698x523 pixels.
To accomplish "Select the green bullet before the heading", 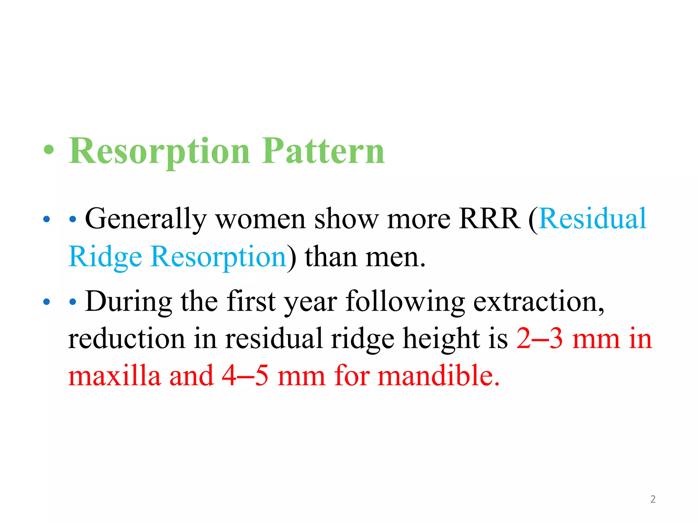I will click(x=49, y=150).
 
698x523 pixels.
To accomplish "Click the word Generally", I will click(x=146, y=219).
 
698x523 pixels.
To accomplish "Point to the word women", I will click(x=260, y=219).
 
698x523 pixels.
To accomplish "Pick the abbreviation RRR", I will click(x=489, y=219).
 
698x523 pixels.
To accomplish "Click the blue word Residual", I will click(x=593, y=219).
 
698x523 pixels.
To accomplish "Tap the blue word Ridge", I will click(x=105, y=257).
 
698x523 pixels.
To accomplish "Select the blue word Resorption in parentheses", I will click(x=218, y=257).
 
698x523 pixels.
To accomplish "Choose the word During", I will click(x=128, y=302).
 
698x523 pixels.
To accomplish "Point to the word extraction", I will click(x=538, y=302).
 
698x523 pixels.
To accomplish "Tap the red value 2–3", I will click(x=539, y=339).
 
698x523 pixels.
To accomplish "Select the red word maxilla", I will click(x=115, y=376).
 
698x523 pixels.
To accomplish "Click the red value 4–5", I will click(x=245, y=376).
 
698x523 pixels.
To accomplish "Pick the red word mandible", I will click(x=438, y=376).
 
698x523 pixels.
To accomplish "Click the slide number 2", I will click(x=653, y=499).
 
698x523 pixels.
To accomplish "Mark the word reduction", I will click(x=126, y=339).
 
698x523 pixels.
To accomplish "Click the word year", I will click(x=310, y=302).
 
